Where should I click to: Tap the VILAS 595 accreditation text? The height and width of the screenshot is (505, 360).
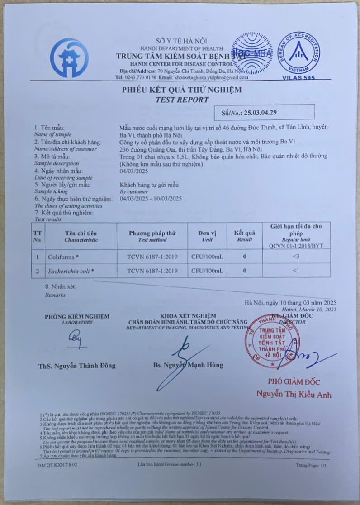tap(298, 77)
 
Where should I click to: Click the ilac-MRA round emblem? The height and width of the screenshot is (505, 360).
tap(252, 53)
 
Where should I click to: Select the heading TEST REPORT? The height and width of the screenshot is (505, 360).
tap(182, 100)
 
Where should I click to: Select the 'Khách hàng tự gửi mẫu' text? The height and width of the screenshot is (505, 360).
tap(149, 185)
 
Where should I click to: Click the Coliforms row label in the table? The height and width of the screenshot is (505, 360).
tap(63, 257)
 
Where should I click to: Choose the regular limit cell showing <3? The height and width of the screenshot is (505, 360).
tap(296, 257)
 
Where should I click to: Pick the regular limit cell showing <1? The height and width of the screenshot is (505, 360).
tap(296, 271)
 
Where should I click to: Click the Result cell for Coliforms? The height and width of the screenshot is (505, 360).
tap(245, 257)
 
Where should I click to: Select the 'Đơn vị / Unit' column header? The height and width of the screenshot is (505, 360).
tap(207, 236)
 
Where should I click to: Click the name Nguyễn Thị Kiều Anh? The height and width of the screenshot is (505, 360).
tap(294, 394)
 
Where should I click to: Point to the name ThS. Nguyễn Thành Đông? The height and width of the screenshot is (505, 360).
tap(77, 366)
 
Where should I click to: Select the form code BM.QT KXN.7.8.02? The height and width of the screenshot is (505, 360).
tap(57, 465)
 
